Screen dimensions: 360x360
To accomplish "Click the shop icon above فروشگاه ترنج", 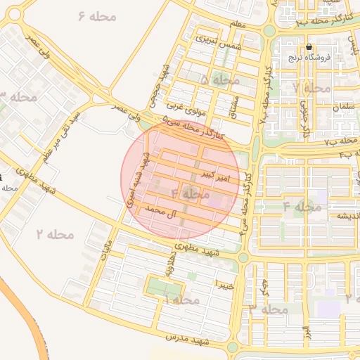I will tap(309, 46).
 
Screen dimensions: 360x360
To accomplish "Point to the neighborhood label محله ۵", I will tap(215, 80).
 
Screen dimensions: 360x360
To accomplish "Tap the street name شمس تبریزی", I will tap(218, 41).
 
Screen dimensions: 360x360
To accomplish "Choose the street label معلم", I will tap(238, 25).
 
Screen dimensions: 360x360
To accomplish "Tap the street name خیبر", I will tap(224, 284).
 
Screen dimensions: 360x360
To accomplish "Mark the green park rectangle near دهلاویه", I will tap(163, 287).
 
